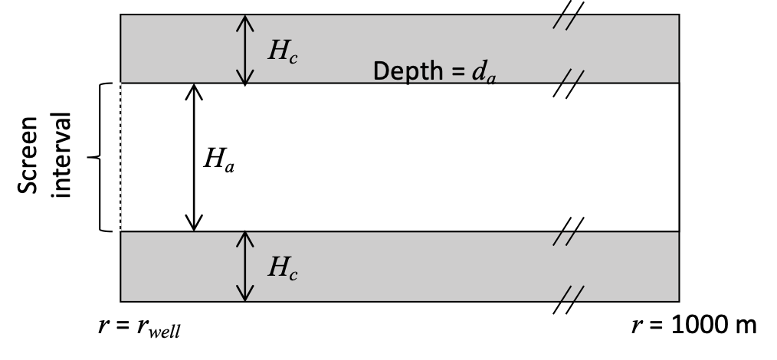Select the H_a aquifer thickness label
(x=218, y=159)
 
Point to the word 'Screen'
(x=33, y=156)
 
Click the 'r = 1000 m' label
(x=693, y=326)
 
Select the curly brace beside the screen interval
(x=101, y=157)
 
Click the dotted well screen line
(x=120, y=156)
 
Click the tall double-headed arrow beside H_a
(x=194, y=157)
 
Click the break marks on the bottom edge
(x=568, y=299)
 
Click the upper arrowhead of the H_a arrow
(x=194, y=90)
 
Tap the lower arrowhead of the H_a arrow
(x=194, y=224)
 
